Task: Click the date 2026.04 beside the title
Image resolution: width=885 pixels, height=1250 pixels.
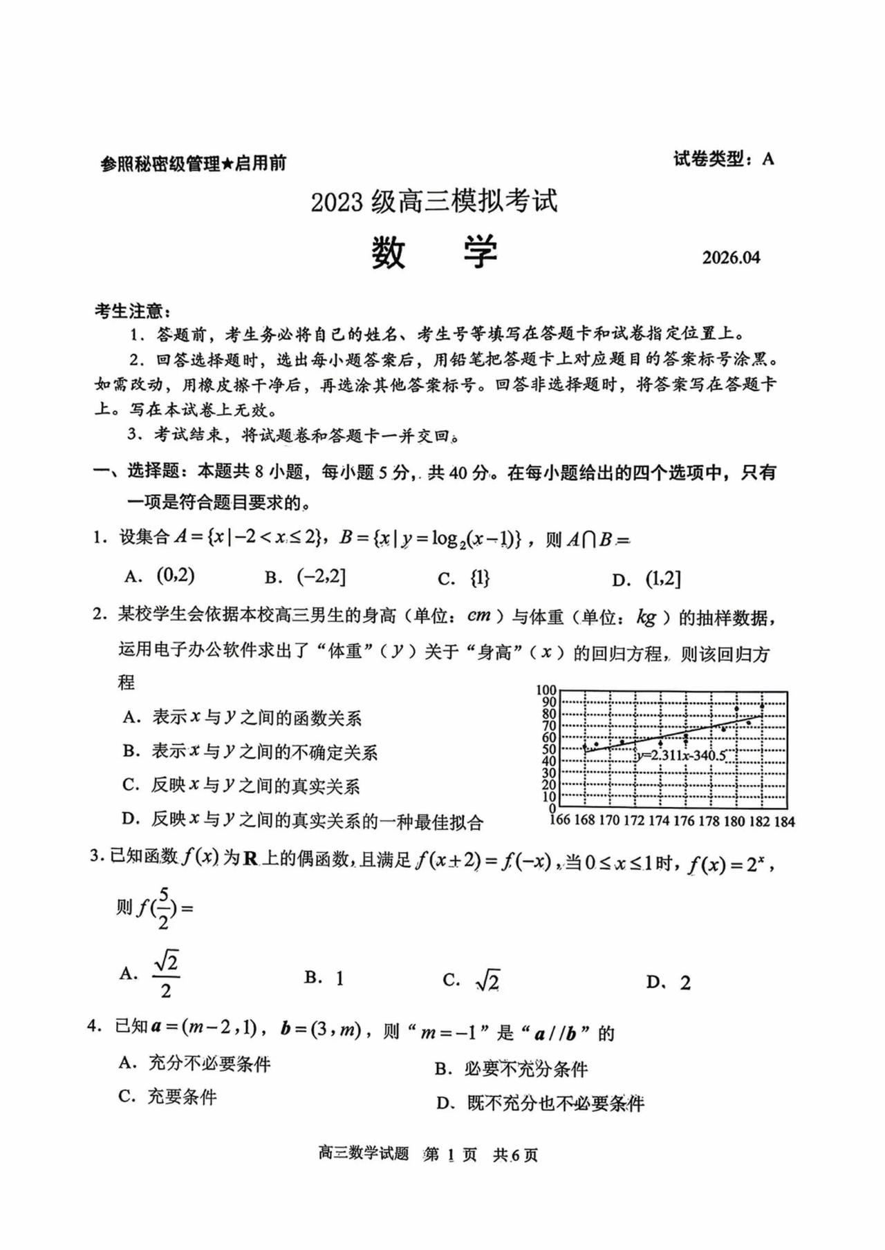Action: pos(731,258)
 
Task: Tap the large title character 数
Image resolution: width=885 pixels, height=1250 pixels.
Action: pos(388,253)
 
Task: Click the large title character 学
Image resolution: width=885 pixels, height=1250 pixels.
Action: pos(480,253)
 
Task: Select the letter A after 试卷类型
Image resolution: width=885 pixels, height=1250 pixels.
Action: pos(768,160)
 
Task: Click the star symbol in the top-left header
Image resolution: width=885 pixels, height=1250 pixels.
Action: pos(227,164)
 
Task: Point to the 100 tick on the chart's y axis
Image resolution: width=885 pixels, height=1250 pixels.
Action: pos(546,690)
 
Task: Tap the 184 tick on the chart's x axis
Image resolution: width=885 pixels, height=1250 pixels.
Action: pos(784,822)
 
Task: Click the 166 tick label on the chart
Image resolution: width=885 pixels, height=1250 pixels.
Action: pos(559,820)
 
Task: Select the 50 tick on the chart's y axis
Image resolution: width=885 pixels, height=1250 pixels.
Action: pos(549,750)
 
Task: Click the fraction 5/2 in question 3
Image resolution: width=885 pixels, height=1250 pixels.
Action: pos(163,908)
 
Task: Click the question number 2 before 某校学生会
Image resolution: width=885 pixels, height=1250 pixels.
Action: pos(99,614)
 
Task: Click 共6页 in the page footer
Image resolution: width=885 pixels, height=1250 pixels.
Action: pos(515,1155)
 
